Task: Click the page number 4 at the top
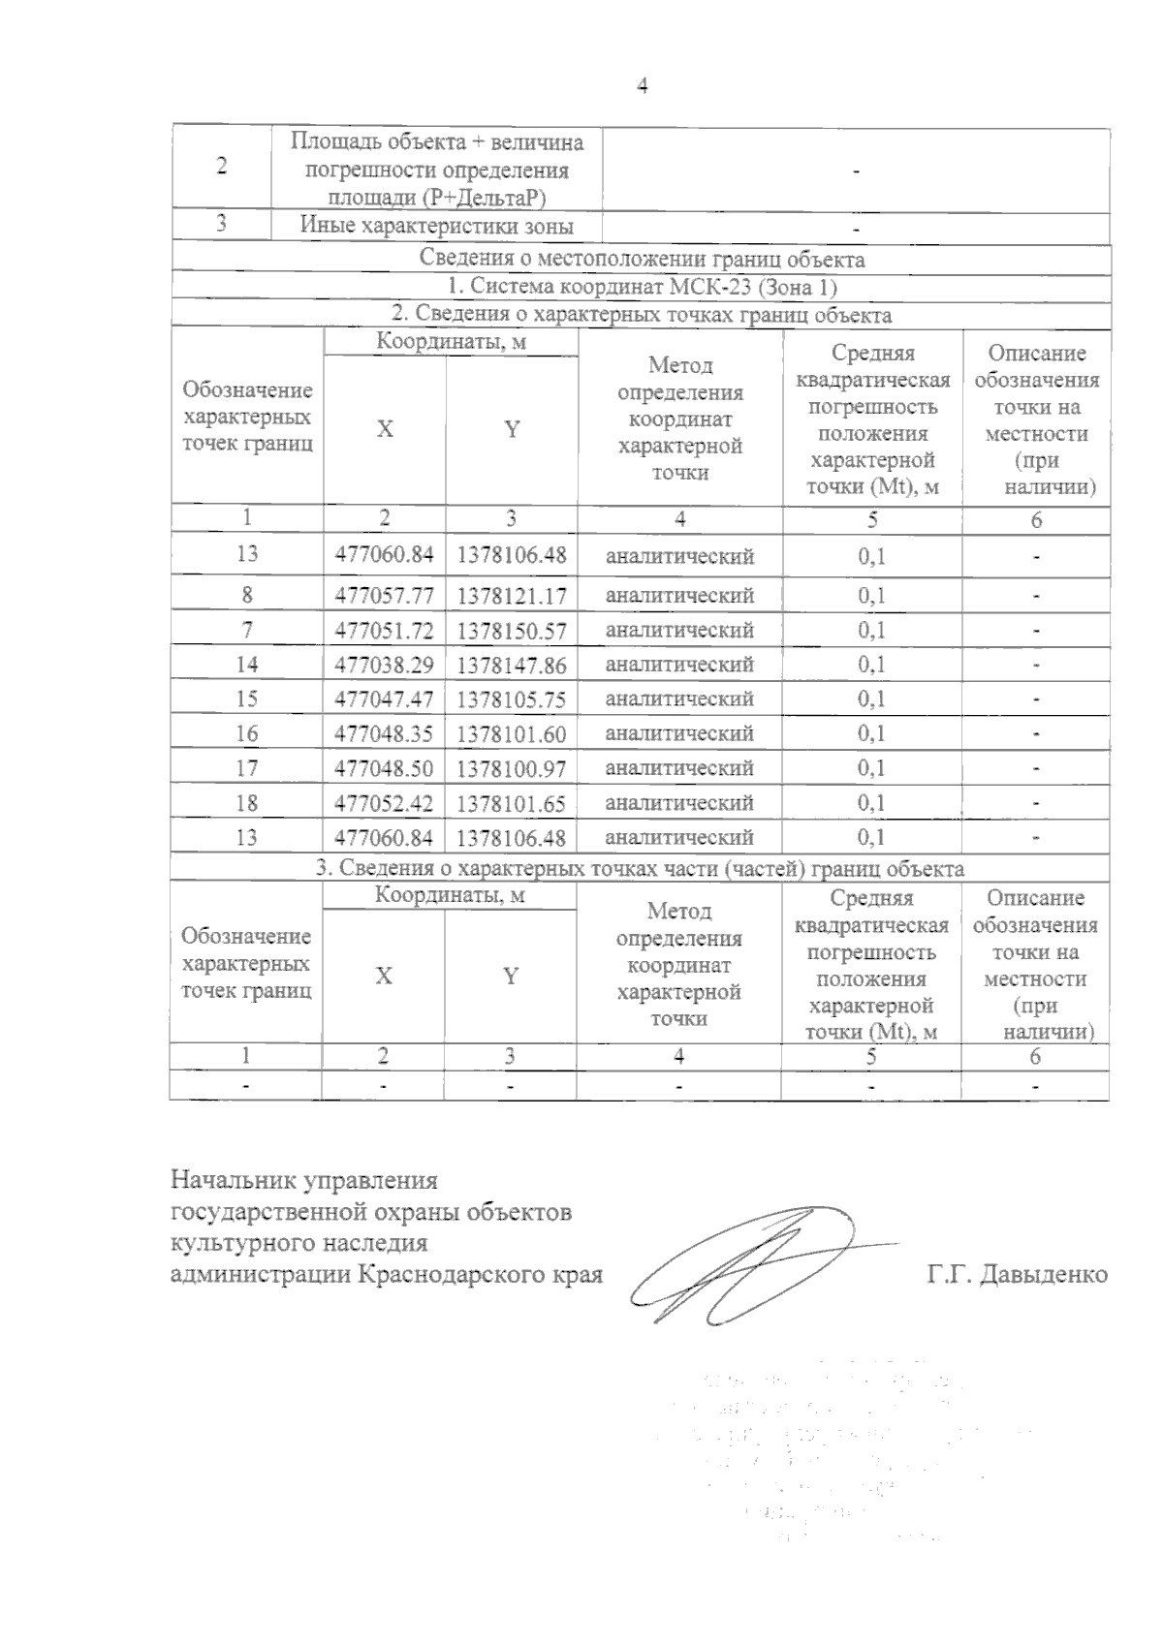tap(641, 86)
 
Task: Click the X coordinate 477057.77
tap(384, 595)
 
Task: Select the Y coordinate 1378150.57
tap(512, 631)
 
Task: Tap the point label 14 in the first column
tap(247, 665)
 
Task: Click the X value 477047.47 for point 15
tap(384, 699)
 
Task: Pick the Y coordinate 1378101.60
tap(512, 734)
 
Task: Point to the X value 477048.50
tap(384, 768)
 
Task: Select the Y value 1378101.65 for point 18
tap(512, 803)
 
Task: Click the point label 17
tap(247, 768)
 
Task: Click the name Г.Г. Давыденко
tap(1017, 1274)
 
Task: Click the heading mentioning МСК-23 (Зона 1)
tap(642, 288)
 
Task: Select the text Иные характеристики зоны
tap(436, 228)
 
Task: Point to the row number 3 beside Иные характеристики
tap(222, 224)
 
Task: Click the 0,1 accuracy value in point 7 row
tap(871, 631)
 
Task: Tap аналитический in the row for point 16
tap(679, 734)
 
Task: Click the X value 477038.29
tap(384, 665)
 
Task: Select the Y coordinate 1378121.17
tap(512, 595)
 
